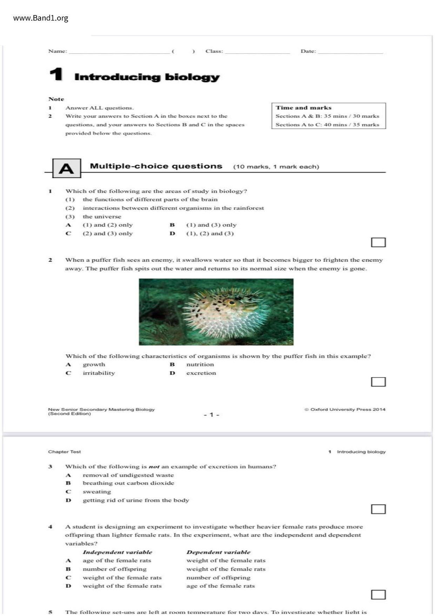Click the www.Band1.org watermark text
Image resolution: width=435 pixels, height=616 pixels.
pyautogui.click(x=41, y=18)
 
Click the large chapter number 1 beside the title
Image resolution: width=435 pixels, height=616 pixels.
pyautogui.click(x=56, y=74)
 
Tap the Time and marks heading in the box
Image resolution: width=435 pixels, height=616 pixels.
pyautogui.click(x=303, y=108)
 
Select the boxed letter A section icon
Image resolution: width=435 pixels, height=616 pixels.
pyautogui.click(x=66, y=169)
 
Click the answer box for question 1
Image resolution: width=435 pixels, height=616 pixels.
pyautogui.click(x=378, y=242)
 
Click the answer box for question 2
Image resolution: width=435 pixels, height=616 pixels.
pyautogui.click(x=378, y=382)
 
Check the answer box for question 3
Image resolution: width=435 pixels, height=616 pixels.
pyautogui.click(x=378, y=509)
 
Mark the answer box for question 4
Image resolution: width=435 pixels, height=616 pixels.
pyautogui.click(x=378, y=595)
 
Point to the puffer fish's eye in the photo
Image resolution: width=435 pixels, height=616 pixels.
pyautogui.click(x=230, y=302)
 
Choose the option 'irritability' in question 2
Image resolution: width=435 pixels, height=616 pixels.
pyautogui.click(x=99, y=373)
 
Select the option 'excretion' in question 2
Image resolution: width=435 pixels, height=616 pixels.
pyautogui.click(x=201, y=373)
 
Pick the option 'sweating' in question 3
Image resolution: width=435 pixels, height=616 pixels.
pyautogui.click(x=97, y=492)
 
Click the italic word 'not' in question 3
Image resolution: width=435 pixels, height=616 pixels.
pyautogui.click(x=154, y=467)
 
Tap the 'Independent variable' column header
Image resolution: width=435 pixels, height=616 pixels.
pyautogui.click(x=117, y=552)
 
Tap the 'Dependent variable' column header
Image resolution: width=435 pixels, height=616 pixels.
pyautogui.click(x=218, y=552)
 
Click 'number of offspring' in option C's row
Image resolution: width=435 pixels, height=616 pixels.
pyautogui.click(x=218, y=577)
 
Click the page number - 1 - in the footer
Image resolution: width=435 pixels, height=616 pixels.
pyautogui.click(x=212, y=415)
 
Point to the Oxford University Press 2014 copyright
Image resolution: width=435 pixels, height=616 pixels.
pyautogui.click(x=345, y=409)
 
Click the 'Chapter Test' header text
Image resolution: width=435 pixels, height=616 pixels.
pyautogui.click(x=65, y=452)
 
